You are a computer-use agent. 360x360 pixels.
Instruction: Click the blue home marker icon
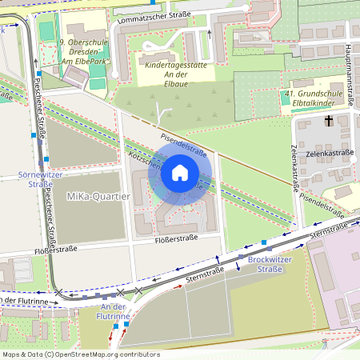coord(180,172)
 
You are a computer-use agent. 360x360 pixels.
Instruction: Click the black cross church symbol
coord(328,122)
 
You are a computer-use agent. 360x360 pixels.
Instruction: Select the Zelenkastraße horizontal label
coord(330,151)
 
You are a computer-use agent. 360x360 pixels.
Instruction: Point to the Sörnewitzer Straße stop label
coord(34,178)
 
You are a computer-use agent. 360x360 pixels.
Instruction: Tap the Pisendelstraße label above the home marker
coord(184,143)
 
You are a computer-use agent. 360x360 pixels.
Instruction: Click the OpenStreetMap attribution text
coord(81,354)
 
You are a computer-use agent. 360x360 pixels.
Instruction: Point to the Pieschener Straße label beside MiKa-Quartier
coord(50,215)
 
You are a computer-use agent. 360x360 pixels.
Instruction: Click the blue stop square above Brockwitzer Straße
coord(263,242)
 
